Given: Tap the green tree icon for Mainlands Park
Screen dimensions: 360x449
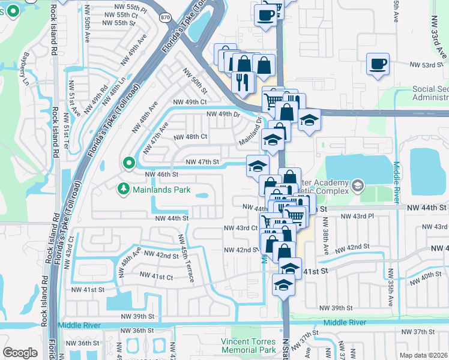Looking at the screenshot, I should tap(123, 189).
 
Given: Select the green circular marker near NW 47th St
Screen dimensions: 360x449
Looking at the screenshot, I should tap(128, 163).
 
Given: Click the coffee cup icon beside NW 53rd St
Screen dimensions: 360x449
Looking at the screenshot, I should tap(378, 64).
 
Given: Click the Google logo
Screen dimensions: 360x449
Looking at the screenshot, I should tap(20, 352).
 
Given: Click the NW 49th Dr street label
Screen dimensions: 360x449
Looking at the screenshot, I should tap(223, 114).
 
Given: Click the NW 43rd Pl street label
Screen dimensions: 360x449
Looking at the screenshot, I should tap(357, 216).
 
